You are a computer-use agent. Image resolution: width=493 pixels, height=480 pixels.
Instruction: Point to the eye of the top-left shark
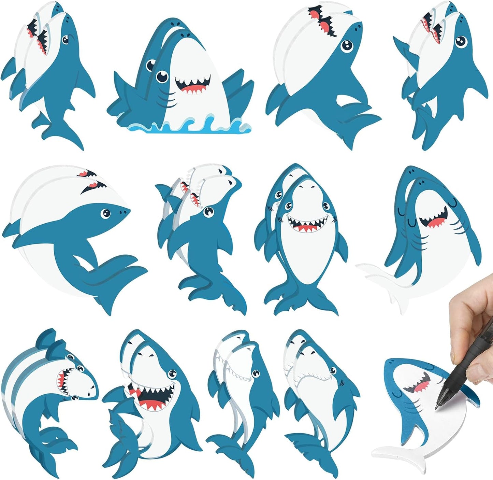(66, 39)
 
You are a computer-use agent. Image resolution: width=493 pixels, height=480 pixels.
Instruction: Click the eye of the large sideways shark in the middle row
(105, 213)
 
